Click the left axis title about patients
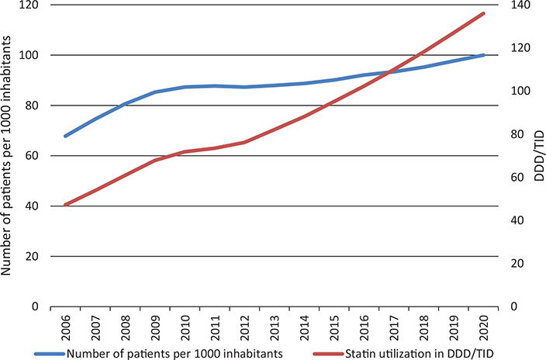[9, 155]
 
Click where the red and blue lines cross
[390, 72]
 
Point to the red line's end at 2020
[484, 13]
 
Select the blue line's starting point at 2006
[65, 136]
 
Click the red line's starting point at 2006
[65, 205]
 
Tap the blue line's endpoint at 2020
[484, 55]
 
